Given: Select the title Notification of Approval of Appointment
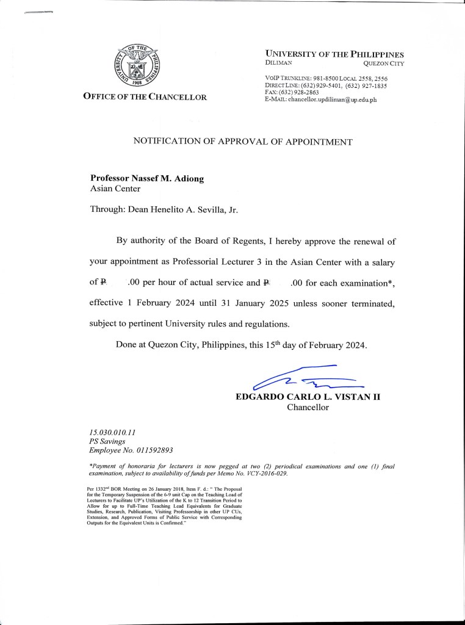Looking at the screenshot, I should tap(242, 142).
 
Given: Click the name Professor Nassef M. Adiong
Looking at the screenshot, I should tap(146, 178).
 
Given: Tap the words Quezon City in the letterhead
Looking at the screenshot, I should tap(383, 63).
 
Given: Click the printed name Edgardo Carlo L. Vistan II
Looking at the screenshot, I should tap(308, 397).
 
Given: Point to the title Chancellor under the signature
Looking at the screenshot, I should tap(308, 408).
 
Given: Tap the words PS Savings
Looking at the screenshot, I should tap(107, 441).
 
